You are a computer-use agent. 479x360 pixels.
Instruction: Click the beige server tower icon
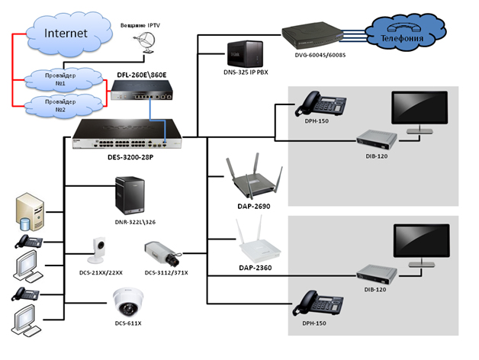click(28, 213)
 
